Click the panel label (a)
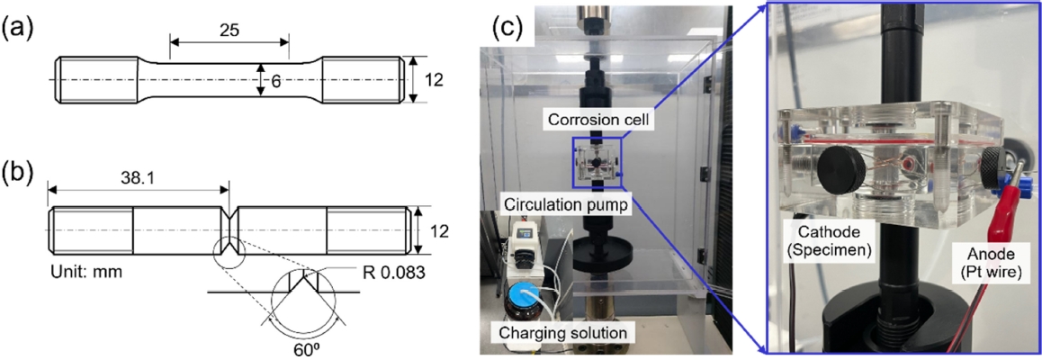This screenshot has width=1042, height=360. pyautogui.click(x=21, y=27)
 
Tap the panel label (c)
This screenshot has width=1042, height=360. pyautogui.click(x=508, y=27)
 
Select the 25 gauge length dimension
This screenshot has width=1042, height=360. pyautogui.click(x=229, y=30)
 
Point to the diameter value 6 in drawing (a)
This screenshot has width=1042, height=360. pyautogui.click(x=276, y=80)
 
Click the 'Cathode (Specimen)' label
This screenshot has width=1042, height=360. pyautogui.click(x=831, y=240)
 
